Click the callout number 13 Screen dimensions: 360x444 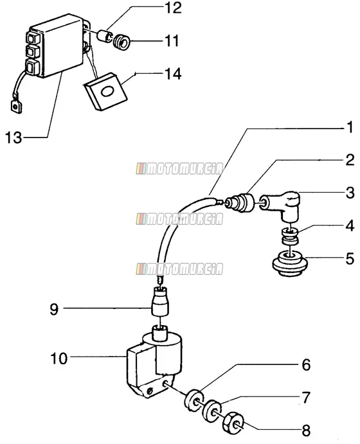pos(14,138)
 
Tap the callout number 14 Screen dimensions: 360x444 pos(173,74)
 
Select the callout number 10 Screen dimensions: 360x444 pos(59,359)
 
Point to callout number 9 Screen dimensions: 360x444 pos(54,309)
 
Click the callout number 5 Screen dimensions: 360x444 pos(350,258)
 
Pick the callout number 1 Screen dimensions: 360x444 pos(350,127)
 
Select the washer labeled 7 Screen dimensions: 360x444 pos(212,411)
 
